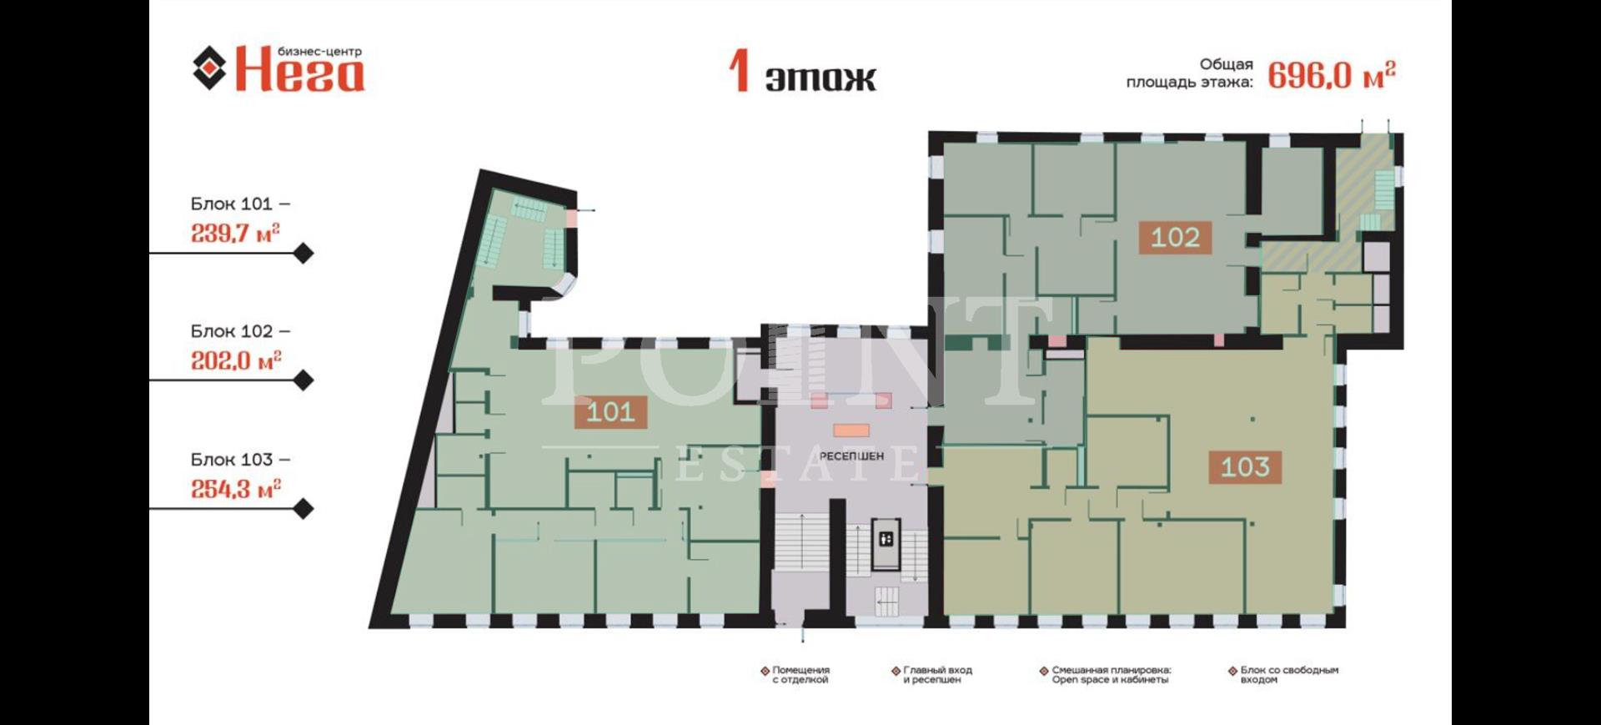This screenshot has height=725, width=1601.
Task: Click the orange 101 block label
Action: (610, 411)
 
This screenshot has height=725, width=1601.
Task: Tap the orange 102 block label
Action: (1175, 237)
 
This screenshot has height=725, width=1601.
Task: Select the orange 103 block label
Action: (1245, 466)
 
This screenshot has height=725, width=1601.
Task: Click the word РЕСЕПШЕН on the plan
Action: (851, 456)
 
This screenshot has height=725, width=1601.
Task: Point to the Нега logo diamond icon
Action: (209, 68)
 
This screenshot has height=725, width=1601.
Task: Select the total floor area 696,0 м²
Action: (1332, 76)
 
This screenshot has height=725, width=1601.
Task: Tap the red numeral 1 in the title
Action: (739, 71)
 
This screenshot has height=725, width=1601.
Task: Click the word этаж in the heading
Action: (821, 78)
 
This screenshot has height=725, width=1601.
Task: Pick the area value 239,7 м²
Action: (235, 233)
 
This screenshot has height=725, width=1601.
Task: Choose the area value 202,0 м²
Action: (236, 360)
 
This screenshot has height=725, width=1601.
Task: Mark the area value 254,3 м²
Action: (236, 489)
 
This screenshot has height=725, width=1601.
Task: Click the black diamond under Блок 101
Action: (304, 253)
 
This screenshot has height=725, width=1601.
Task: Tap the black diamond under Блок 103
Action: (304, 508)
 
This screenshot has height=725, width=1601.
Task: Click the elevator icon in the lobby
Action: (886, 539)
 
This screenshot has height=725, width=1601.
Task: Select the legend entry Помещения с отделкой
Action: (795, 675)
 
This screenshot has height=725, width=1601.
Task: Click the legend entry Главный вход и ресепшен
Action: (932, 675)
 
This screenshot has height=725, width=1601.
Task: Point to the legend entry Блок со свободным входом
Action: (1283, 675)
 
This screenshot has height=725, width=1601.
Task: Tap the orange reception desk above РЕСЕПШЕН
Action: (851, 430)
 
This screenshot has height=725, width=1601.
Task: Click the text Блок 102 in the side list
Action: (232, 331)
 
